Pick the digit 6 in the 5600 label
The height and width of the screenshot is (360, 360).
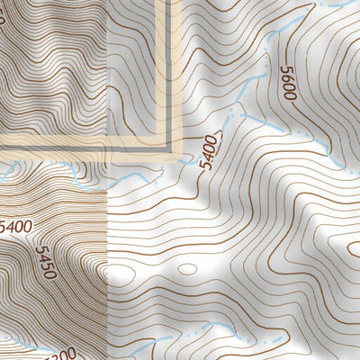click(x=288, y=80)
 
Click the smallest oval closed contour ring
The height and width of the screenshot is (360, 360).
click(x=186, y=268)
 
